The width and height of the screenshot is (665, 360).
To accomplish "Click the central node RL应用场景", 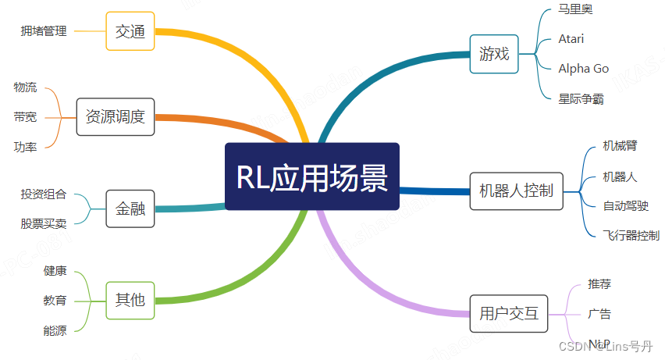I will [x=312, y=176].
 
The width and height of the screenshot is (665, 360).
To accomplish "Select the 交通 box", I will [x=130, y=31].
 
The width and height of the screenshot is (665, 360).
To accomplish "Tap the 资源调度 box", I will [x=116, y=117].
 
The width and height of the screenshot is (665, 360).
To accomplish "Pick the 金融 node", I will [x=130, y=209].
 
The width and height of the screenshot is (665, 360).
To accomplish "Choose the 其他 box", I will [x=130, y=299].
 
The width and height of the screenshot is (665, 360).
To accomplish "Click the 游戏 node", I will [x=494, y=54].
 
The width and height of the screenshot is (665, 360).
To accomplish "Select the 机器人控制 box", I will [x=516, y=191].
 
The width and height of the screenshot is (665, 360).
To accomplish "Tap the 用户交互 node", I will [x=509, y=314].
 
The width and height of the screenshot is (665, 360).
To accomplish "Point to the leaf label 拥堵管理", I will [x=44, y=31].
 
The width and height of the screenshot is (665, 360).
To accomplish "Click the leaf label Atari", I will [x=571, y=39].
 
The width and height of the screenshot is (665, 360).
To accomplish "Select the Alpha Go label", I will [x=583, y=69].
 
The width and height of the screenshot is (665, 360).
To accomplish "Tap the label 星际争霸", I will [x=581, y=99].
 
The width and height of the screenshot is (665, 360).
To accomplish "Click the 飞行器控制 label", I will [x=631, y=235].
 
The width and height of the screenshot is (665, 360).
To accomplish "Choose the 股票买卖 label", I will [x=44, y=223].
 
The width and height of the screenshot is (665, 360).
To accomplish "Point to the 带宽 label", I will [x=25, y=117].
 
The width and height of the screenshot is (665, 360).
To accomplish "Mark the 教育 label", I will [x=55, y=300].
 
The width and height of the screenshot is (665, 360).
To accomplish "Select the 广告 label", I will [x=599, y=314].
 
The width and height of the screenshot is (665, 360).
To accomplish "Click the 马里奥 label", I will [x=575, y=9].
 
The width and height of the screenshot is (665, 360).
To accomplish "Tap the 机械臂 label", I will [x=620, y=145].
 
